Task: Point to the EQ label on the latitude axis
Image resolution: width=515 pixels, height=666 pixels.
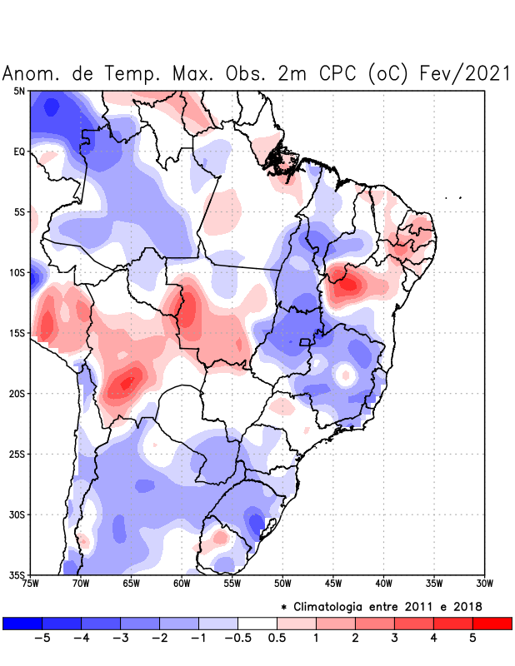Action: pos(19,152)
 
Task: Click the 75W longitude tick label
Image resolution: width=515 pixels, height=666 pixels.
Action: pos(31,584)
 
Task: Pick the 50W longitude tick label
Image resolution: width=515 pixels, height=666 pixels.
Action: pos(282,584)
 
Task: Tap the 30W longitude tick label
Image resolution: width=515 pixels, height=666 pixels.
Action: pos(484,584)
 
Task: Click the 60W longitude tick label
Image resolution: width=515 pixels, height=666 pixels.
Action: pos(182,584)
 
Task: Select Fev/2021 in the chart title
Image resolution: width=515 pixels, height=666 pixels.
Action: pos(463,73)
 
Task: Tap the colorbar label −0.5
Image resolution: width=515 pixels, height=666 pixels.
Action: pos(237,639)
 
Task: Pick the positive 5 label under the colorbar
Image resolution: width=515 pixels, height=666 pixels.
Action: pos(472,639)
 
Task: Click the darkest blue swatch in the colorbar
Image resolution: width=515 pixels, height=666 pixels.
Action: pos(22,623)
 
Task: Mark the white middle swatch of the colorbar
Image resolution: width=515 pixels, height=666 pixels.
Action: pos(257,623)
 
